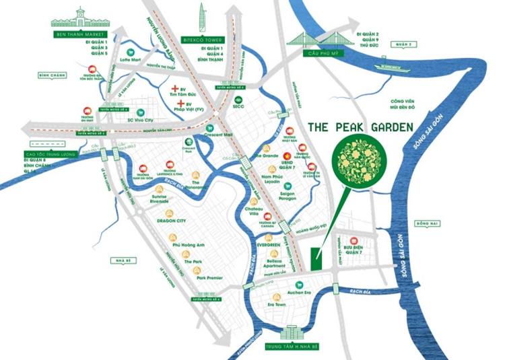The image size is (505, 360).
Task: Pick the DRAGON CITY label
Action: click(170, 219)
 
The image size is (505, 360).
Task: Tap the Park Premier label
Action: click(209, 277)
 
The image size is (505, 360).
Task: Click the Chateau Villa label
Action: click(255, 211)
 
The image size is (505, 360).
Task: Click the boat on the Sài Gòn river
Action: click(397, 67)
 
